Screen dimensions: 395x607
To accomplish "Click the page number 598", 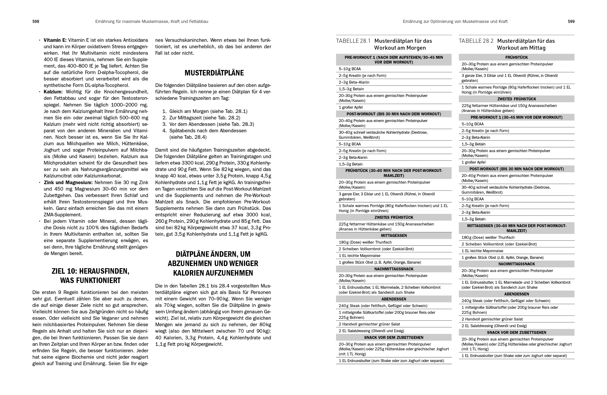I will pyautogui.click(x=36, y=22).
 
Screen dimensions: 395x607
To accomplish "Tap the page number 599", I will pyautogui.click(x=571, y=22).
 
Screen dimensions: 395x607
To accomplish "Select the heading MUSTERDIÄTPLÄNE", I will pyautogui.click(x=214, y=73).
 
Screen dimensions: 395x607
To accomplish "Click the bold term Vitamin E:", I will pyautogui.click(x=55, y=40).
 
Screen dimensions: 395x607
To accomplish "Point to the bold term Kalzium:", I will pyautogui.click(x=53, y=92).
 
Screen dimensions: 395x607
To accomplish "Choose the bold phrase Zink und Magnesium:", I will pyautogui.click(x=68, y=182).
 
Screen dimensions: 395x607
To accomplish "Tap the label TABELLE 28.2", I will pyautogui.click(x=476, y=41).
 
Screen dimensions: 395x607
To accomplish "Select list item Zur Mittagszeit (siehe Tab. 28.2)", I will pyautogui.click(x=205, y=118).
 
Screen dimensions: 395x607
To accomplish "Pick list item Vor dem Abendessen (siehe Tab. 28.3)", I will pyautogui.click(x=211, y=124).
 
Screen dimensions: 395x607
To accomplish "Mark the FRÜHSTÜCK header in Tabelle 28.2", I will pyautogui.click(x=516, y=57).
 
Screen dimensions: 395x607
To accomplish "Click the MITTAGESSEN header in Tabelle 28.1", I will pyautogui.click(x=394, y=235).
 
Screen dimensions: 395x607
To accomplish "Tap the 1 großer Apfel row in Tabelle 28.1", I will pyautogui.click(x=350, y=107).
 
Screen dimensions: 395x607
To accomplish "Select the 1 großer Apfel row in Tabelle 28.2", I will pyautogui.click(x=473, y=162).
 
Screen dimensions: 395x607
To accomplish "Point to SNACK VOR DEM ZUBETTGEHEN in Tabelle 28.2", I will pyautogui.click(x=516, y=332).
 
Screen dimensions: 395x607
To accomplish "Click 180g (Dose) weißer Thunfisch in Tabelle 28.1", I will pyautogui.click(x=365, y=242).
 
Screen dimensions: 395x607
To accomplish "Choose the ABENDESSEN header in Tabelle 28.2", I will pyautogui.click(x=516, y=294).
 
